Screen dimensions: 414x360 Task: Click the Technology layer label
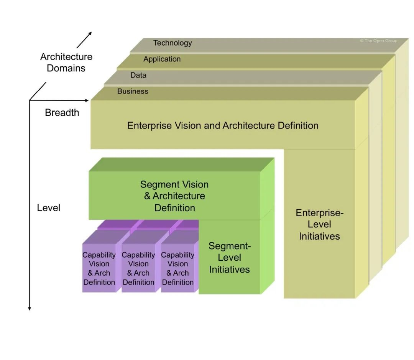172,43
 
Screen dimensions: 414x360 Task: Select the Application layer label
162,59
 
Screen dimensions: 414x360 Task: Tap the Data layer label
138,75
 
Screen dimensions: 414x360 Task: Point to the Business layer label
133,91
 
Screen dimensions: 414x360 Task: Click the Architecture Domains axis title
66,62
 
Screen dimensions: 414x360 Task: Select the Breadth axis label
62,112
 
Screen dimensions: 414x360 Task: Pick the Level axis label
49,208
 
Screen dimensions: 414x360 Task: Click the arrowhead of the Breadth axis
87,100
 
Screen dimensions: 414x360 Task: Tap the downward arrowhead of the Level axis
30,309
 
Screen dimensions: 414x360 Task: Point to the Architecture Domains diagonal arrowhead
90,33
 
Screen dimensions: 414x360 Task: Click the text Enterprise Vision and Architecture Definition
223,125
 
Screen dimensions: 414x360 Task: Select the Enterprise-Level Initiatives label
319,225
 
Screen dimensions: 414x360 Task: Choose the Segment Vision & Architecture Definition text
174,196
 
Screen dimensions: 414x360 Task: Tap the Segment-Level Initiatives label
230,258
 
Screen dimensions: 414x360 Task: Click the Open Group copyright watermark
379,41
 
